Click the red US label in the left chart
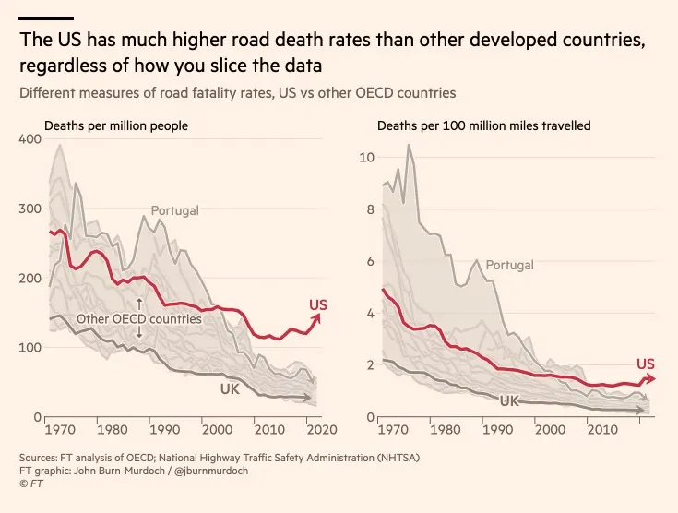pyautogui.click(x=317, y=305)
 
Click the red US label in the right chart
pyautogui.click(x=646, y=364)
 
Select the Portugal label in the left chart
pyautogui.click(x=174, y=210)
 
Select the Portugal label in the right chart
pyautogui.click(x=509, y=265)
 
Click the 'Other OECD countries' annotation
pyautogui.click(x=139, y=319)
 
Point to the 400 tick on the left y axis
pyautogui.click(x=30, y=138)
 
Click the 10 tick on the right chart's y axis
pyautogui.click(x=365, y=157)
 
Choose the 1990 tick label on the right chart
pyautogui.click(x=499, y=430)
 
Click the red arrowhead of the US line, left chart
pyautogui.click(x=320, y=316)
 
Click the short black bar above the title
pyautogui.click(x=46, y=18)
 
